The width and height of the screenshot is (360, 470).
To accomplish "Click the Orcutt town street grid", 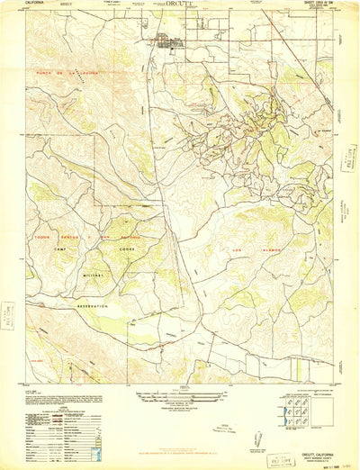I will point(168,40).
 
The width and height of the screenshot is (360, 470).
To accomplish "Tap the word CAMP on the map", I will point(60,249).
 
